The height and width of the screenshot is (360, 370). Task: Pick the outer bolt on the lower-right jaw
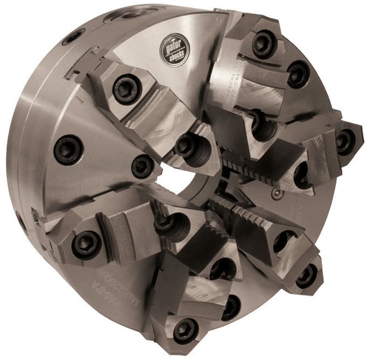[306, 276]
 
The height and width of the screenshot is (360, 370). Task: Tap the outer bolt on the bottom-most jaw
[184, 327]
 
